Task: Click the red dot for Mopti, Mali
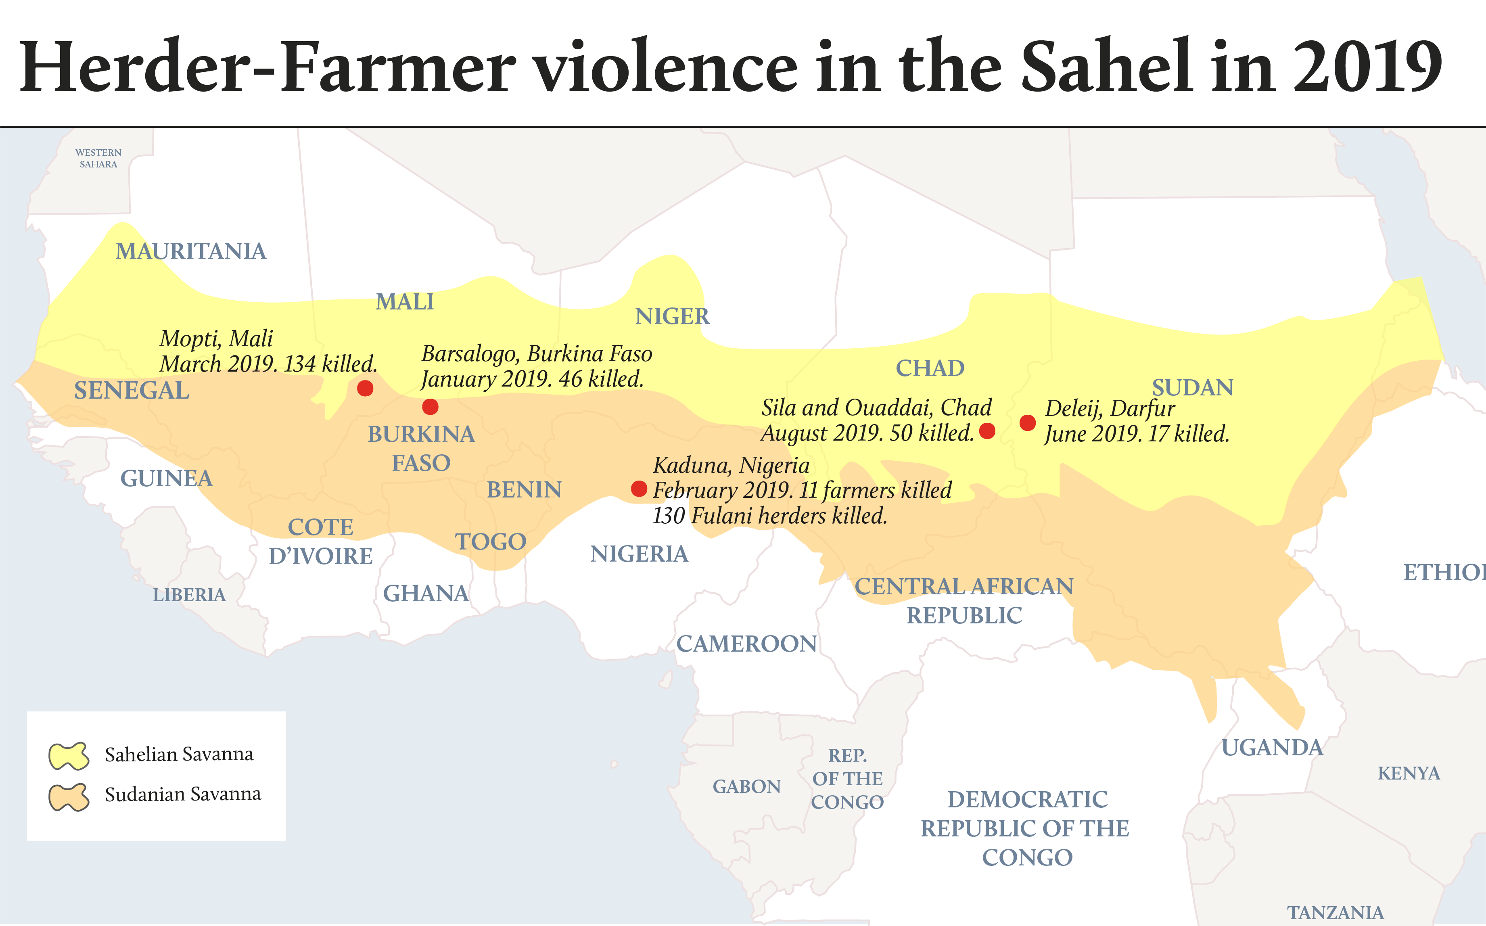365,388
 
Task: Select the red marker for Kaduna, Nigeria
639,489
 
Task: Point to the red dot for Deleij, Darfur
1027,422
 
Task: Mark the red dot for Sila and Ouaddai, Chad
987,431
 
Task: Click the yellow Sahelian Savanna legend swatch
69,756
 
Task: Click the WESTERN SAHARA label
98,158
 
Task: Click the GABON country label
746,786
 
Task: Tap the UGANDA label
1272,748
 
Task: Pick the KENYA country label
1408,773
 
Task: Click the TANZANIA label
1335,913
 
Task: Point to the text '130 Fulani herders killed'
770,516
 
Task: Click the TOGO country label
491,542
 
